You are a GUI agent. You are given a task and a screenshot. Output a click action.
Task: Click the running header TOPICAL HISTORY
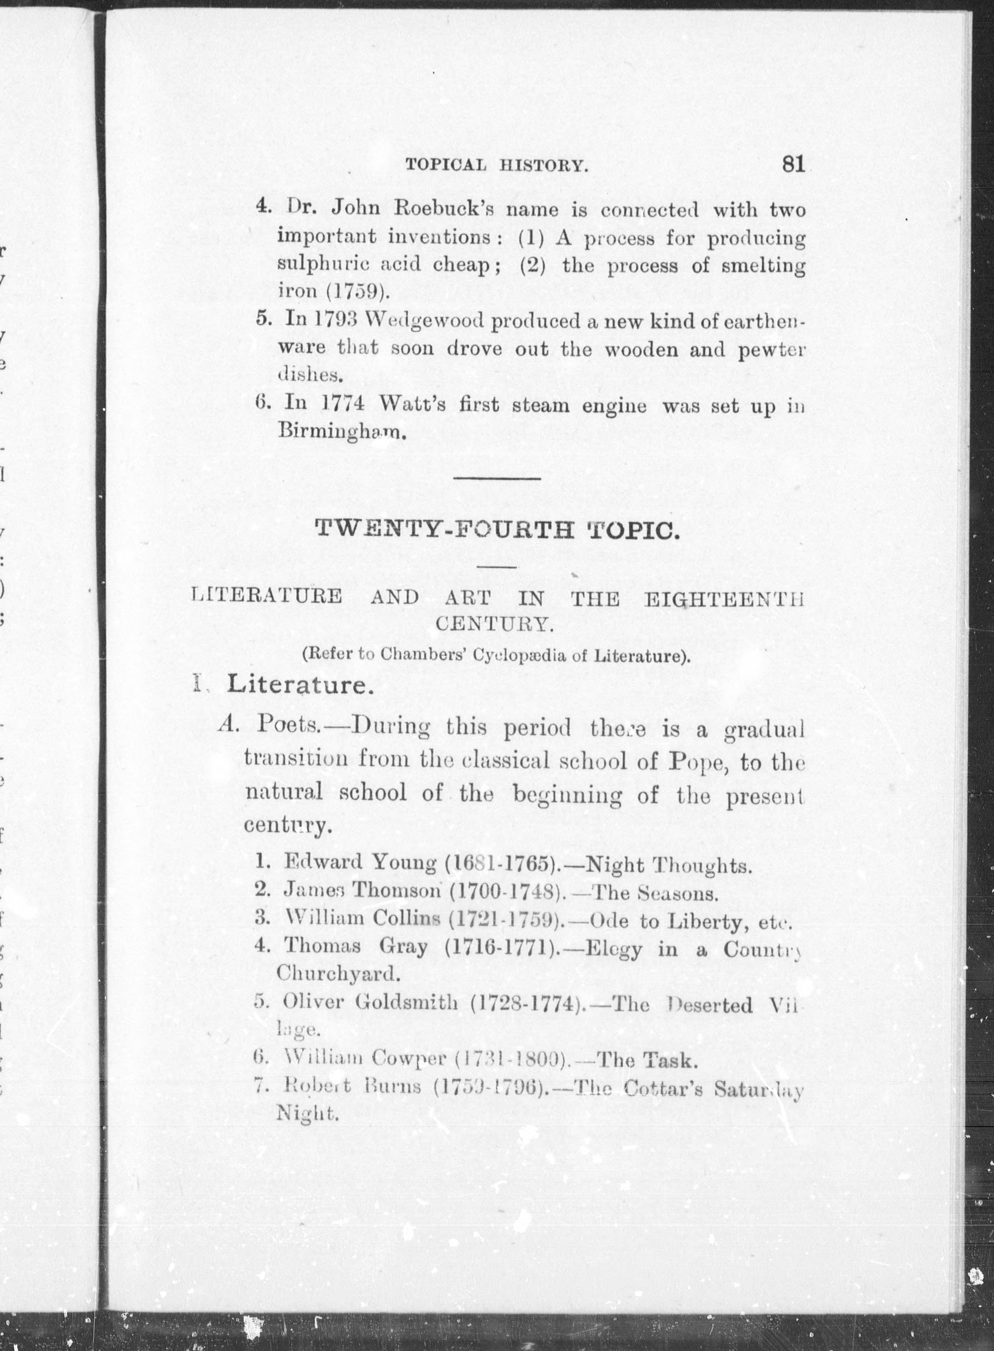point(496,165)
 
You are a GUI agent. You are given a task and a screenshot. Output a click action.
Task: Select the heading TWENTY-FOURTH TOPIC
point(498,531)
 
